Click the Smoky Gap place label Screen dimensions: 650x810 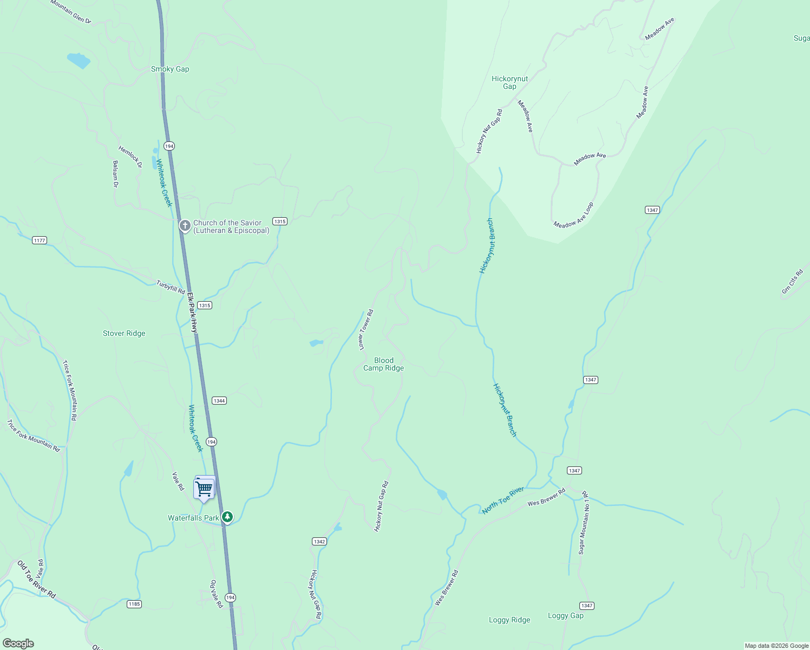point(170,69)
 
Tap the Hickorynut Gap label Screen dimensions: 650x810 point(509,82)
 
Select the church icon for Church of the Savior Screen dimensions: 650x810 point(185,225)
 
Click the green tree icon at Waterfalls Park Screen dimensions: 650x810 point(228,517)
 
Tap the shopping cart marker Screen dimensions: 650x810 point(204,489)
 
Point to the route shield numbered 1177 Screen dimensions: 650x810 point(40,240)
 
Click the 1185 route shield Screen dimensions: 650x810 point(134,604)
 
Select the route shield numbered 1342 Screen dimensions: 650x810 point(319,542)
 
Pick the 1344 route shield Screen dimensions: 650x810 point(219,401)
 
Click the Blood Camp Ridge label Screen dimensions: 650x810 point(383,364)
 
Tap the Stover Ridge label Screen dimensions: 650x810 point(124,334)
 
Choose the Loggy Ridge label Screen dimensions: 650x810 point(509,620)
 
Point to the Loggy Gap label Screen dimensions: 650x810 point(566,616)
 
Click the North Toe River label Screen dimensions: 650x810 point(503,500)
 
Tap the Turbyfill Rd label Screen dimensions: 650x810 point(171,287)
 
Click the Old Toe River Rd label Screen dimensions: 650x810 point(36,580)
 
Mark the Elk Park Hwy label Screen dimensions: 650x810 point(193,313)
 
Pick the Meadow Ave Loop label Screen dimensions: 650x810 point(573,215)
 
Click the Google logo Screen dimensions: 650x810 point(18,643)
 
